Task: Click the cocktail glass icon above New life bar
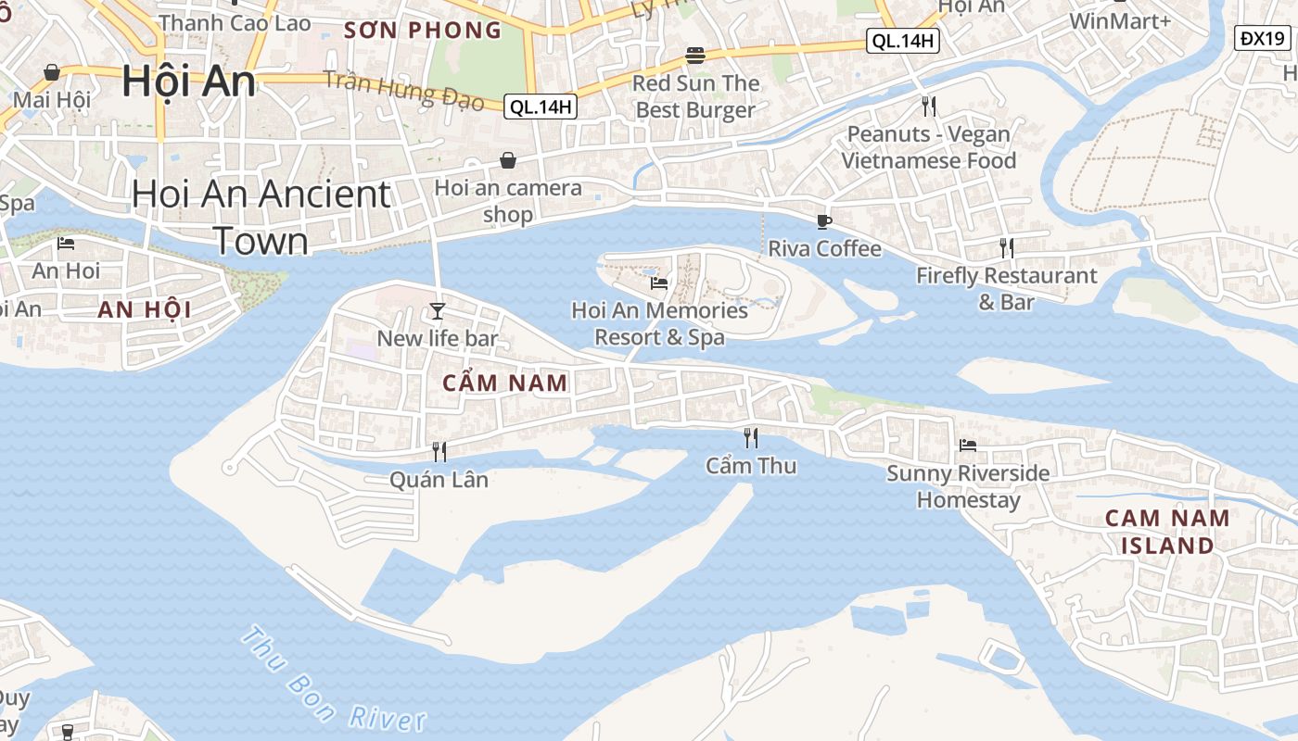click(437, 310)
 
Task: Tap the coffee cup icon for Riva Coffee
click(824, 221)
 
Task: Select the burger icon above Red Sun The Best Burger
click(695, 56)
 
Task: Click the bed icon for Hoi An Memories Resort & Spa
click(659, 283)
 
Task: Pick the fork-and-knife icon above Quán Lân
click(439, 452)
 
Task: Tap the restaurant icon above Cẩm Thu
click(751, 437)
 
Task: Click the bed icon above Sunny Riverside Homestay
click(968, 446)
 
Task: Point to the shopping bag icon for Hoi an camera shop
click(508, 161)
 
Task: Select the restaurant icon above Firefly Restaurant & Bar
click(1006, 247)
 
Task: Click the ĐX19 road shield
click(1263, 38)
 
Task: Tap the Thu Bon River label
click(334, 681)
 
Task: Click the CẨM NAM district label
click(504, 383)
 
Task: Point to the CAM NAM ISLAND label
click(1167, 532)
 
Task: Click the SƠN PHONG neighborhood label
click(422, 30)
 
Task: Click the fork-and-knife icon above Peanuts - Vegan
click(929, 107)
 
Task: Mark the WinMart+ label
click(1120, 20)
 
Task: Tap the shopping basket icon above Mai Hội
click(52, 72)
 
